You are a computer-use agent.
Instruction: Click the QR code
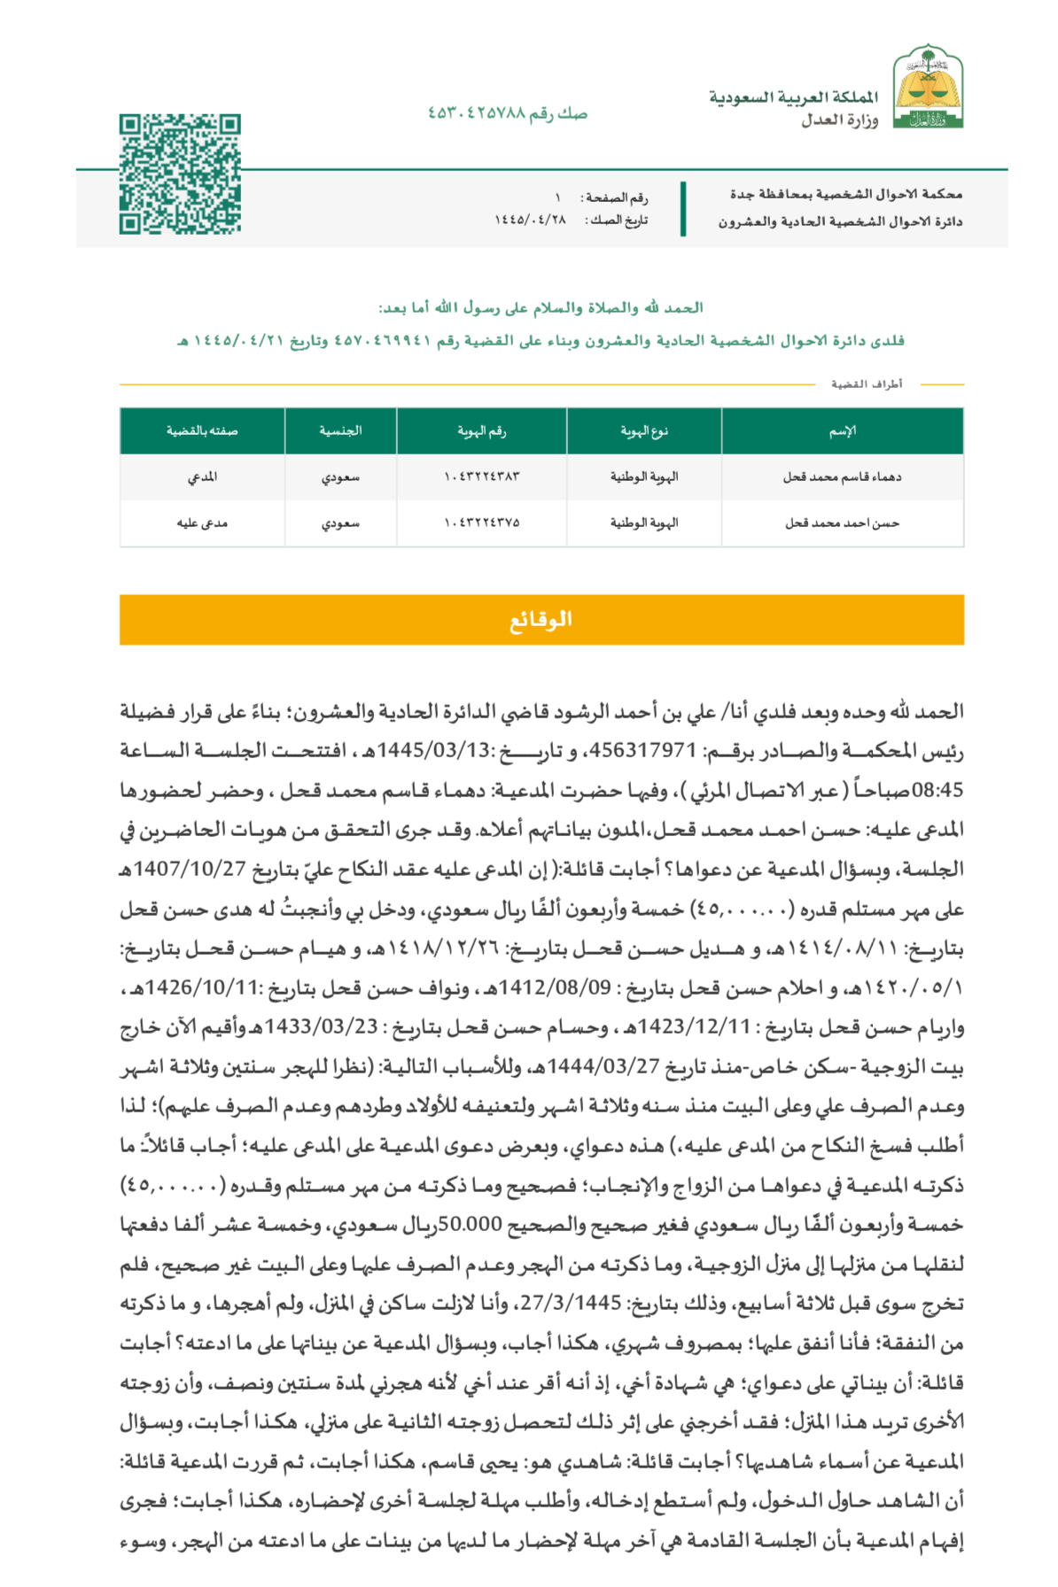click(180, 174)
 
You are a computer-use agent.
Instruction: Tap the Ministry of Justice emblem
click(928, 87)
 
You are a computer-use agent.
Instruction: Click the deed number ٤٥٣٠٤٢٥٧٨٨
click(477, 113)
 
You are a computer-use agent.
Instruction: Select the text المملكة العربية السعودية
click(793, 97)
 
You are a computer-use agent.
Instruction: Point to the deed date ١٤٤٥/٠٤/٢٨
click(530, 220)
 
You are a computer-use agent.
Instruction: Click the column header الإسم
click(842, 431)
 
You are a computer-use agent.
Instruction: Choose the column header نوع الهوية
click(644, 431)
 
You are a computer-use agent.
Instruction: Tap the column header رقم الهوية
click(481, 431)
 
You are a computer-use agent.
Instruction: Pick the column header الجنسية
click(340, 431)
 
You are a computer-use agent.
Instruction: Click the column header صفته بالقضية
click(202, 431)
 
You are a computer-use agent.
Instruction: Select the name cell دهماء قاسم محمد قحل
click(842, 477)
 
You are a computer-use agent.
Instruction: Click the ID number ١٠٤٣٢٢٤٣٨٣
click(481, 477)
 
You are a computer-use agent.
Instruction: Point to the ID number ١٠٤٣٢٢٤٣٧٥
click(481, 523)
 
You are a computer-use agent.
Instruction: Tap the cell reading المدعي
click(202, 477)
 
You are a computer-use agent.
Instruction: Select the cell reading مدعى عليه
click(202, 523)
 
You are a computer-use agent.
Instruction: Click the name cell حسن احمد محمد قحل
click(842, 523)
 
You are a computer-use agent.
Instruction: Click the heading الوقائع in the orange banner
click(541, 620)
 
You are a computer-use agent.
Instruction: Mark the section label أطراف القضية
click(867, 384)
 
